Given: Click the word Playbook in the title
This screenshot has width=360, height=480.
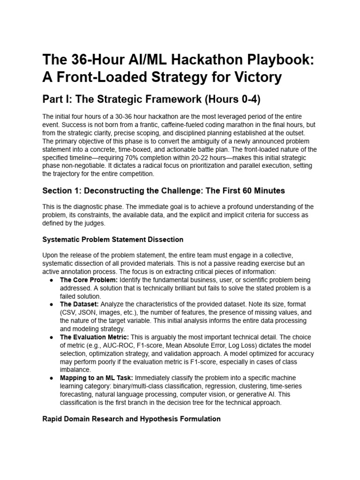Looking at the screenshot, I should pyautogui.click(x=249, y=60).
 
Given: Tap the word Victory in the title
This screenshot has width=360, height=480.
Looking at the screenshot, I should pyautogui.click(x=254, y=77).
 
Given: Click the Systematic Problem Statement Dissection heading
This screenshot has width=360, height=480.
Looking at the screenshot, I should pyautogui.click(x=112, y=240).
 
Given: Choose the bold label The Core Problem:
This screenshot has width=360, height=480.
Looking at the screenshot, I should pyautogui.click(x=89, y=280).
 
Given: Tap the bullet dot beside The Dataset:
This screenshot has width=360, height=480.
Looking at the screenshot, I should pyautogui.click(x=51, y=304).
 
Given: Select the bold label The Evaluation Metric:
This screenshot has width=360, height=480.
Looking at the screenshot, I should pyautogui.click(x=95, y=337).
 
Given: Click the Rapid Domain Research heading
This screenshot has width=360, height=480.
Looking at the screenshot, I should pyautogui.click(x=131, y=419).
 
